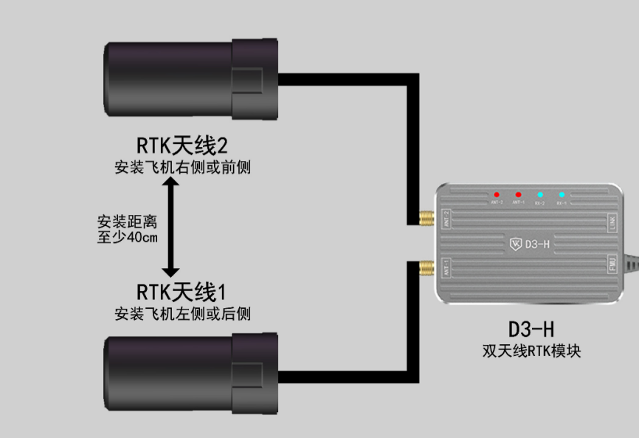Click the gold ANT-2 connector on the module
pos(426,219)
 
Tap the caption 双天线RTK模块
pos(531,350)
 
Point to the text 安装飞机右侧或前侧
pos(182,167)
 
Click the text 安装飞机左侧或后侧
pos(182,314)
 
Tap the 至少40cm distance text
pos(127,238)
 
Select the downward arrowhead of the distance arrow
pos(170,273)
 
